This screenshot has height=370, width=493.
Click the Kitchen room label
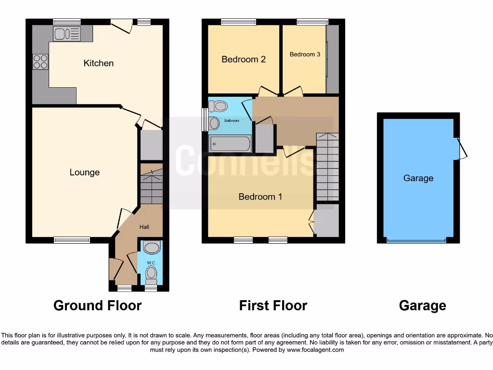(x=99, y=63)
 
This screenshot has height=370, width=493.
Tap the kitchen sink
(x=66, y=34)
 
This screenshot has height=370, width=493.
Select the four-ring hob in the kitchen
(x=40, y=62)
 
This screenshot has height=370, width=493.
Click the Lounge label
(x=85, y=172)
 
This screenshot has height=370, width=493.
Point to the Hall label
(x=144, y=226)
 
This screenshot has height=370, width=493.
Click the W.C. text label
(x=151, y=263)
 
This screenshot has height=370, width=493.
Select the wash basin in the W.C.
(x=151, y=248)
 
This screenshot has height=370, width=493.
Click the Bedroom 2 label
(x=244, y=59)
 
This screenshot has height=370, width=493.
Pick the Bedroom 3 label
(x=305, y=54)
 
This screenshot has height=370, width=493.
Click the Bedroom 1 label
(x=260, y=197)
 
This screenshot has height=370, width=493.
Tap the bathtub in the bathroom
(x=230, y=144)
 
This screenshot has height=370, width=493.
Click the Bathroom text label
(x=232, y=120)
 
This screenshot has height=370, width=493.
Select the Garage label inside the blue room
(x=418, y=178)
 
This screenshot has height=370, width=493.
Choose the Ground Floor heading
(x=97, y=305)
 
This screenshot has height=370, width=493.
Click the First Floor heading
(x=273, y=305)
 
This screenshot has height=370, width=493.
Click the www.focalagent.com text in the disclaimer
(x=316, y=350)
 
